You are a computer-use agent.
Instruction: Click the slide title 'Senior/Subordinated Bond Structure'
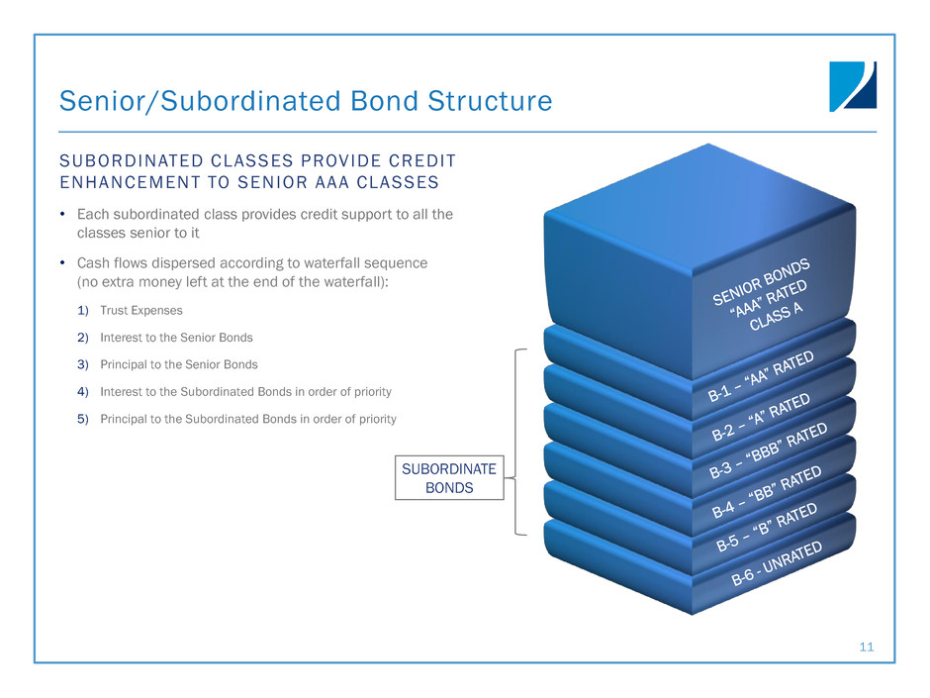point(306,101)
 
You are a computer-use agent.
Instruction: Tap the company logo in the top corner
point(852,86)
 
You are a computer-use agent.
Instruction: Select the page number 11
point(867,648)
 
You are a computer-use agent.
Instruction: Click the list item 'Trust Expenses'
point(141,310)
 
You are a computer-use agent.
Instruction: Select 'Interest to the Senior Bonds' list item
point(175,338)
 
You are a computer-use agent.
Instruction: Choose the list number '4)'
point(83,392)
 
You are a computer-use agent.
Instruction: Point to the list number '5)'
point(83,419)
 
